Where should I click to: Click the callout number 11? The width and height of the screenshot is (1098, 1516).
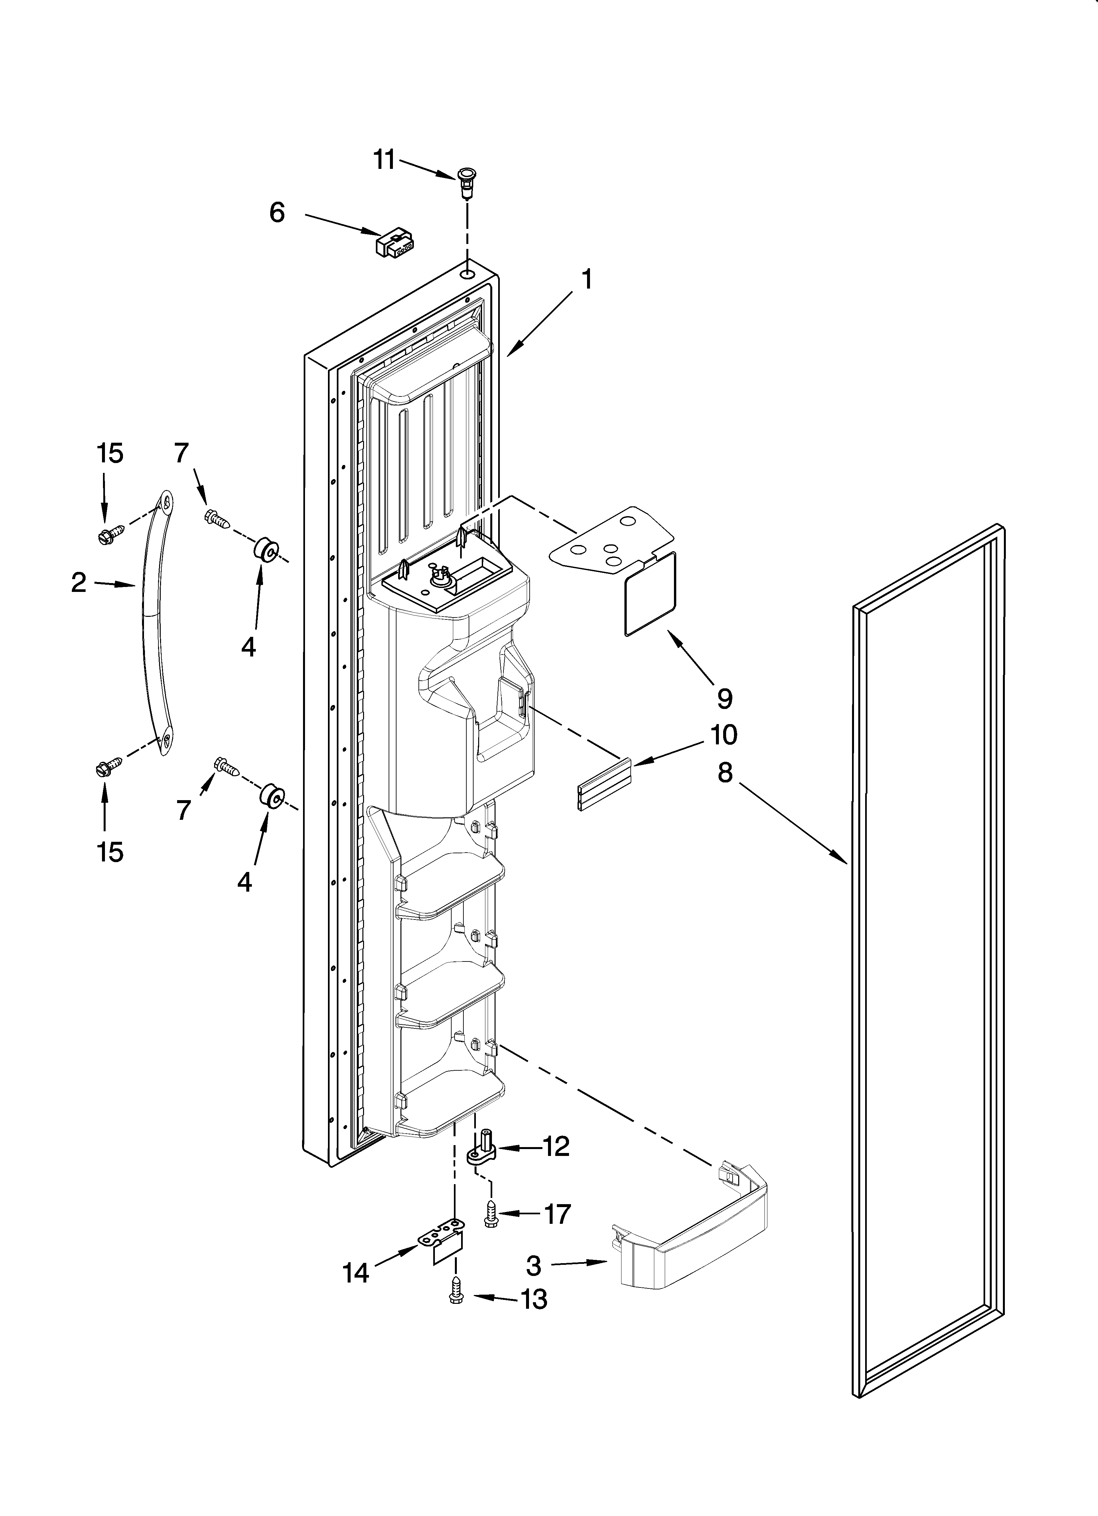(x=384, y=161)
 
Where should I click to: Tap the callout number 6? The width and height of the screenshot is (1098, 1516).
(x=277, y=212)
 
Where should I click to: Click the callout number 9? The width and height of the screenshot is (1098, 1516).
(x=725, y=698)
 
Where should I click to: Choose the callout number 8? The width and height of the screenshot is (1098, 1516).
(x=725, y=773)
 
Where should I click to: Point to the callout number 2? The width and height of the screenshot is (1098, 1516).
(x=79, y=583)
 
